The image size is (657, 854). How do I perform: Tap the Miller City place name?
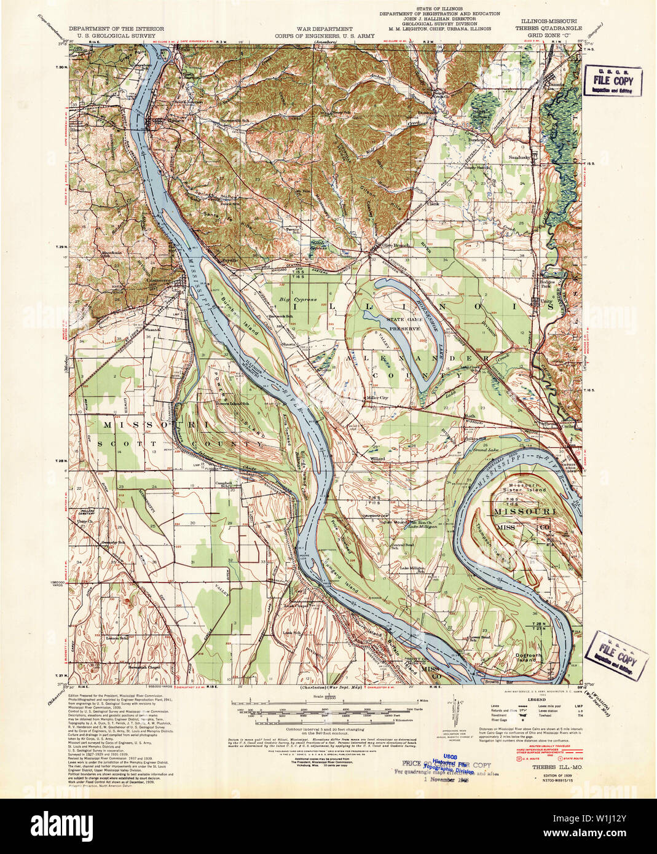(x=377, y=398)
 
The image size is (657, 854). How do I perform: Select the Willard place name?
(x=377, y=458)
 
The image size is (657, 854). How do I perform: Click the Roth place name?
(x=471, y=417)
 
